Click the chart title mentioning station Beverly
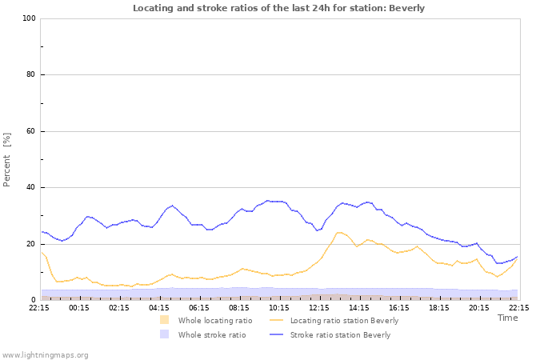point(278,8)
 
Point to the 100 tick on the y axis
point(29,18)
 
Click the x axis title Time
point(507,318)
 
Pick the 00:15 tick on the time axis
point(79,306)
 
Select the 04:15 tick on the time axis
point(159,306)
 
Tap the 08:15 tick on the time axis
point(239,306)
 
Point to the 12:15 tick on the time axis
point(319,306)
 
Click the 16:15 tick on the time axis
point(399,306)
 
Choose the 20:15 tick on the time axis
point(479,306)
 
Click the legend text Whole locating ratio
point(215,320)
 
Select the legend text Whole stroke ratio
point(212,335)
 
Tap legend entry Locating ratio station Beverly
point(344,320)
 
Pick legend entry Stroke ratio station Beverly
point(340,335)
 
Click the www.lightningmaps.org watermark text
point(45,354)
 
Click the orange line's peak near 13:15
point(340,232)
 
